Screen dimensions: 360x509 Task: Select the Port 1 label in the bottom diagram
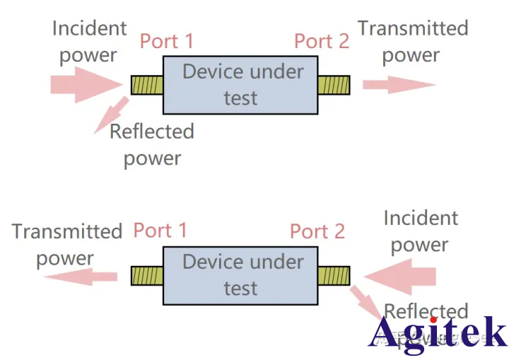[160, 231]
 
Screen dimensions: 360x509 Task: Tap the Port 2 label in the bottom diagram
[317, 231]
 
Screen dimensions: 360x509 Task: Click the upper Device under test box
[240, 85]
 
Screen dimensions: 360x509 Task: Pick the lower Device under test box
[240, 275]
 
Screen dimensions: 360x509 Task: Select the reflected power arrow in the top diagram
[112, 114]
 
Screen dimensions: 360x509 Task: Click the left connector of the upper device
[147, 85]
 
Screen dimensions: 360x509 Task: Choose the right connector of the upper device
[334, 85]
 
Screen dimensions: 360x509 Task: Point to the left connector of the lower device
[147, 275]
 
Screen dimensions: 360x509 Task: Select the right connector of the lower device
[334, 275]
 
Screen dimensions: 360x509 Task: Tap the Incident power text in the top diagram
[89, 42]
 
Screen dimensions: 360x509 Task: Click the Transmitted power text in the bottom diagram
[66, 244]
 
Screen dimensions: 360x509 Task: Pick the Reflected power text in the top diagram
[151, 144]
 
